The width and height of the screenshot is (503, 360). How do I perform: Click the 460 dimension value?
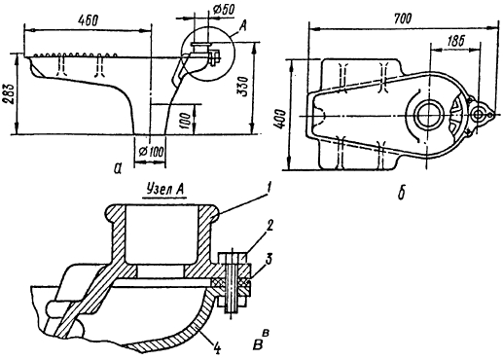click(88, 20)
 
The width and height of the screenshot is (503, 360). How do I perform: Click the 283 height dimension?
click(9, 95)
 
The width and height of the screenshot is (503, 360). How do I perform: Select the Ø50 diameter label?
click(224, 10)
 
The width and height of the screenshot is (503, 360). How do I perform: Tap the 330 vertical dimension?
click(243, 88)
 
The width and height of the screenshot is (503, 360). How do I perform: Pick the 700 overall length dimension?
click(403, 18)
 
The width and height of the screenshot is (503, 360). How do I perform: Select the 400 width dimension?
click(280, 120)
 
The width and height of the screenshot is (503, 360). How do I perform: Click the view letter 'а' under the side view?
click(118, 167)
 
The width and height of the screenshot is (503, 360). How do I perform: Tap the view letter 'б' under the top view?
click(402, 193)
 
